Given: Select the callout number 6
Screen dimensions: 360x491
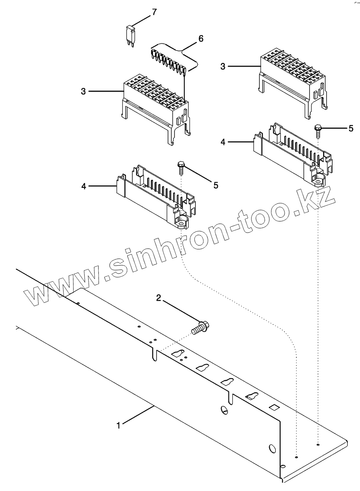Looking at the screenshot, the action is pyautogui.click(x=201, y=39).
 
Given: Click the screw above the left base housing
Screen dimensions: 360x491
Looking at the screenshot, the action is pyautogui.click(x=180, y=168).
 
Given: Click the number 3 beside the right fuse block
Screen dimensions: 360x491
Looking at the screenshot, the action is pyautogui.click(x=223, y=66).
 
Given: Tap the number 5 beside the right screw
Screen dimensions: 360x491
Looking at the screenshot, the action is pyautogui.click(x=350, y=128).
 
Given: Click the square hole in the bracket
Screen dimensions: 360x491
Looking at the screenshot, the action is pyautogui.click(x=273, y=407).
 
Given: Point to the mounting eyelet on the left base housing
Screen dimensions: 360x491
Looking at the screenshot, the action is pyautogui.click(x=182, y=224).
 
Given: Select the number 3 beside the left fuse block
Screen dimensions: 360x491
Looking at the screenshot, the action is pyautogui.click(x=83, y=91).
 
